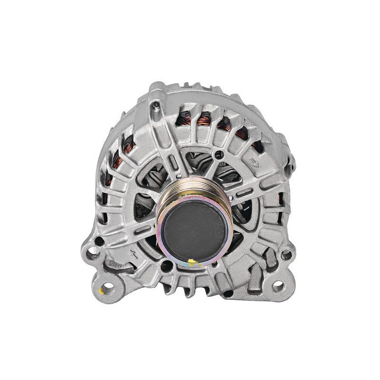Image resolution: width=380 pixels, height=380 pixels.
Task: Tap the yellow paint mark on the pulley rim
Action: click(192, 262)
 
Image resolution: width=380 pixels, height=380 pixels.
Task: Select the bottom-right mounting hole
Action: click(278, 286)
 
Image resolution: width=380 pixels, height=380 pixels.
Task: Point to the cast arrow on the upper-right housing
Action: click(255, 163)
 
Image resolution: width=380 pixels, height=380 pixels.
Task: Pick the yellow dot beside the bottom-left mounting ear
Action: click(101, 291)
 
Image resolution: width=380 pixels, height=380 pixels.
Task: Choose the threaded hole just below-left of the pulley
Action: click(166, 266)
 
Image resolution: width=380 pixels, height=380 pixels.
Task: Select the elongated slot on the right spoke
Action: click(244, 192)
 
